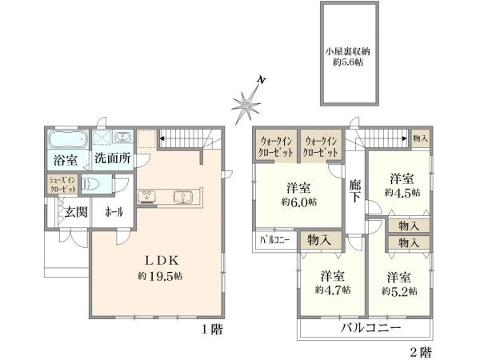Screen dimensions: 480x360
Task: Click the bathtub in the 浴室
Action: pos(67,139)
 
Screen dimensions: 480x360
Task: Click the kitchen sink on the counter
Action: pos(183,197)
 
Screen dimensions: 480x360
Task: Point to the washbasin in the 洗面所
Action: pos(122,136)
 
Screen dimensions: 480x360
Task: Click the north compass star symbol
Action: pos(246,106)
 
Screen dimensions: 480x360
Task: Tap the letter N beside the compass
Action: pos(261,81)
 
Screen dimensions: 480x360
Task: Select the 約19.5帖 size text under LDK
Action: pos(160,276)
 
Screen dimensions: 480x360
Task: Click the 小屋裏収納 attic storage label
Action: pos(348,51)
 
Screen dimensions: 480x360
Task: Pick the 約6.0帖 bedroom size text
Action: pos(298,202)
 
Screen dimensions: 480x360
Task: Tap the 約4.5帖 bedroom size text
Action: pos(402,193)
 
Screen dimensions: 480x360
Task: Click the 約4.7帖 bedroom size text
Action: pos(333,290)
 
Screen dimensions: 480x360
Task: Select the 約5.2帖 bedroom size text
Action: pos(399,291)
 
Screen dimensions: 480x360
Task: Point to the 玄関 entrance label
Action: pos(76,212)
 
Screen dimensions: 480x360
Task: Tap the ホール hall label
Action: pos(114,212)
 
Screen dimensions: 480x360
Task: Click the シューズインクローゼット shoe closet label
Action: pos(63,185)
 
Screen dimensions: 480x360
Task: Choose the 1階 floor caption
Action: pos(213,330)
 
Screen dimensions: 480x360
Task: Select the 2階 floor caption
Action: pos(421,352)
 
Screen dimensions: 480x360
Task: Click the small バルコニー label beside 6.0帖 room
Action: pos(275,240)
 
